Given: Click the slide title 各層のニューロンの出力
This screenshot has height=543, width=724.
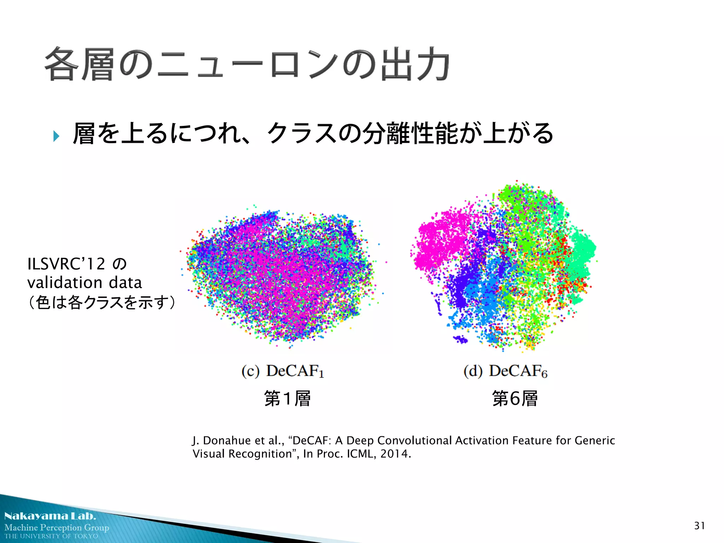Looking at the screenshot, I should (247, 65).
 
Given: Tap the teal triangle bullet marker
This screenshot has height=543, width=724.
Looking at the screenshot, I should (56, 136).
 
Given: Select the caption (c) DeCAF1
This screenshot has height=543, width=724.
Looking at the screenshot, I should (282, 371).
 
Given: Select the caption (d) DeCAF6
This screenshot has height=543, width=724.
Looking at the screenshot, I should (506, 371).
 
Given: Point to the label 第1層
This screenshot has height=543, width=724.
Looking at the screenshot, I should (287, 398).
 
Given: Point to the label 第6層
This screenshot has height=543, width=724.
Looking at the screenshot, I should (515, 398).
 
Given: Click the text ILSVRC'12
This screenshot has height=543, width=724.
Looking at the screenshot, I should (66, 264).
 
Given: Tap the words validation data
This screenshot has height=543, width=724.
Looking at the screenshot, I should (84, 283).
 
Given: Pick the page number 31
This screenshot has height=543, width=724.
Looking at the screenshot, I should (699, 526).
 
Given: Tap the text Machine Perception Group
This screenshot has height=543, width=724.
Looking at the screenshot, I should (57, 527).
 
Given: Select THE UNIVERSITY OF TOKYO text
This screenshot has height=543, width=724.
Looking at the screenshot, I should (51, 536).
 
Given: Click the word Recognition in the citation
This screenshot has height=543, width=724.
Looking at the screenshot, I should (260, 454).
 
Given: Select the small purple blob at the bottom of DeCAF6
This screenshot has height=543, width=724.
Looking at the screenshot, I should (461, 340).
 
